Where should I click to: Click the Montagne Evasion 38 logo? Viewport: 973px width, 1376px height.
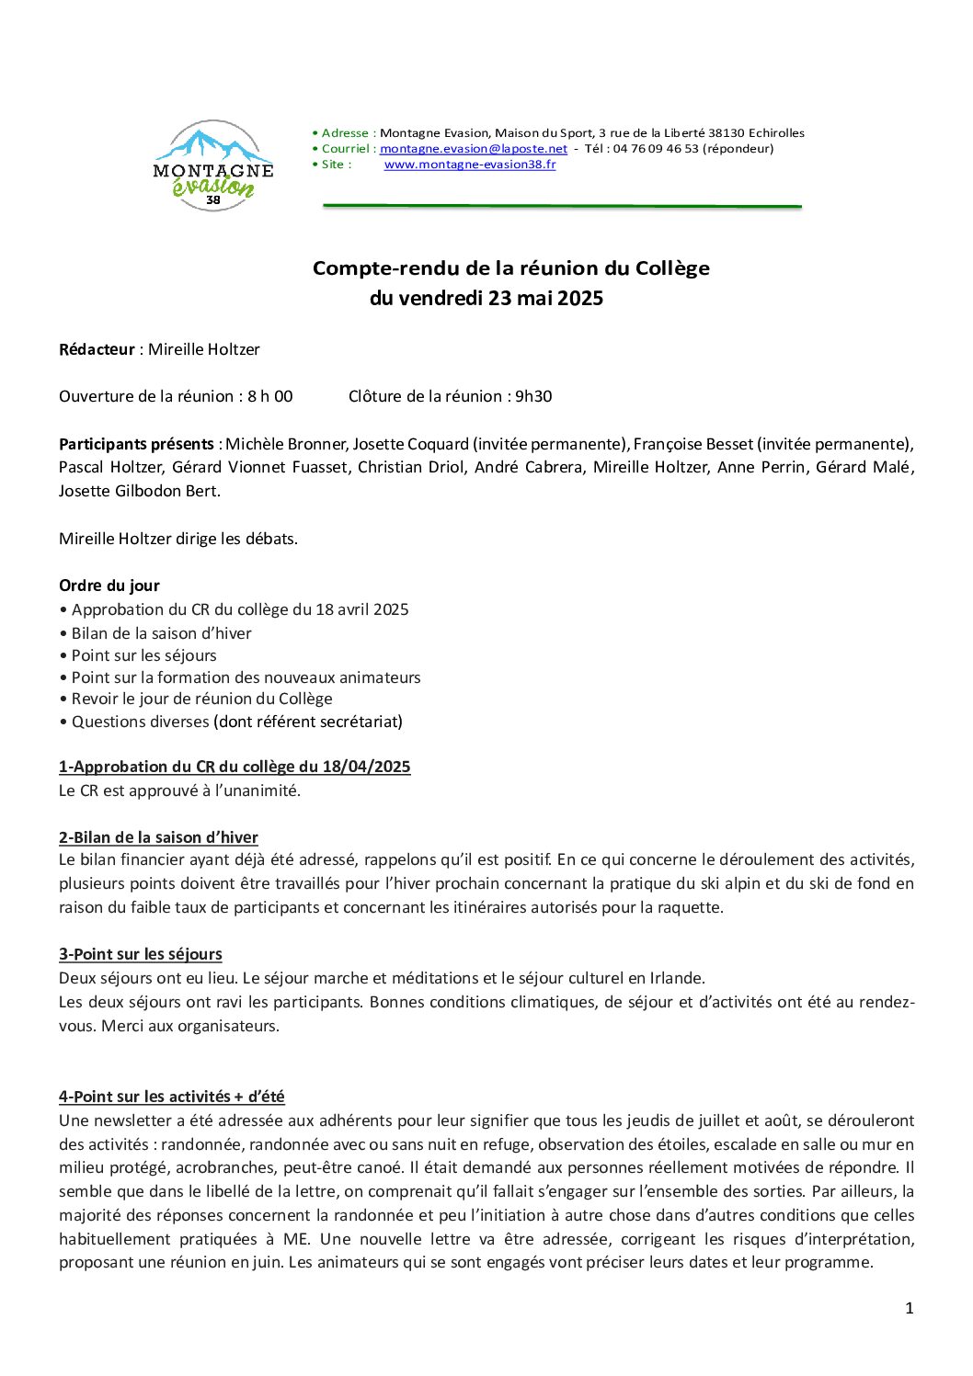[213, 166]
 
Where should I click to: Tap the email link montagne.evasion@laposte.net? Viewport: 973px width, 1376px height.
[473, 149]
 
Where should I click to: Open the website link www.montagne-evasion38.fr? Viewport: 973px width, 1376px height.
[469, 165]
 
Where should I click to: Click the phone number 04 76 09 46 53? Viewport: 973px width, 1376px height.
[656, 149]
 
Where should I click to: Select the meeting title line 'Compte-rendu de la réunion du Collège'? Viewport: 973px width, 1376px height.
[510, 268]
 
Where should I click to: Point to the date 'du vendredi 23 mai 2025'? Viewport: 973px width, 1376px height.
[486, 298]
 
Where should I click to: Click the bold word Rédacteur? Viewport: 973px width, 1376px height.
[97, 349]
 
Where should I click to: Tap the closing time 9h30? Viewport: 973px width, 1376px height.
[533, 396]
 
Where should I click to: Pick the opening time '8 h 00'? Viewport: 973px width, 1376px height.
[270, 396]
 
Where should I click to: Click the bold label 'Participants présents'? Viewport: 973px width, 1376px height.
[136, 444]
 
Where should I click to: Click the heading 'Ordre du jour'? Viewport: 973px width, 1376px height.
[109, 586]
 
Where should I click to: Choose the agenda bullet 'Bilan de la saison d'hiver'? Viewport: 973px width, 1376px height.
[161, 633]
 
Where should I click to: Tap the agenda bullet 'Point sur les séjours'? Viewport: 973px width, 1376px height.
[143, 655]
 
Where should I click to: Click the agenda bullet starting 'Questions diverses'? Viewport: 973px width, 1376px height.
[236, 722]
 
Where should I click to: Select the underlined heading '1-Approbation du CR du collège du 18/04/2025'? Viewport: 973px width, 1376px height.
[235, 767]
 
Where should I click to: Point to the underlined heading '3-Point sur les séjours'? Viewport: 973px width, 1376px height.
[141, 954]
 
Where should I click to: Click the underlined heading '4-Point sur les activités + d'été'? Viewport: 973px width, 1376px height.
[172, 1097]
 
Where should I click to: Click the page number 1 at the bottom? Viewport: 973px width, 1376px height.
[910, 1308]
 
